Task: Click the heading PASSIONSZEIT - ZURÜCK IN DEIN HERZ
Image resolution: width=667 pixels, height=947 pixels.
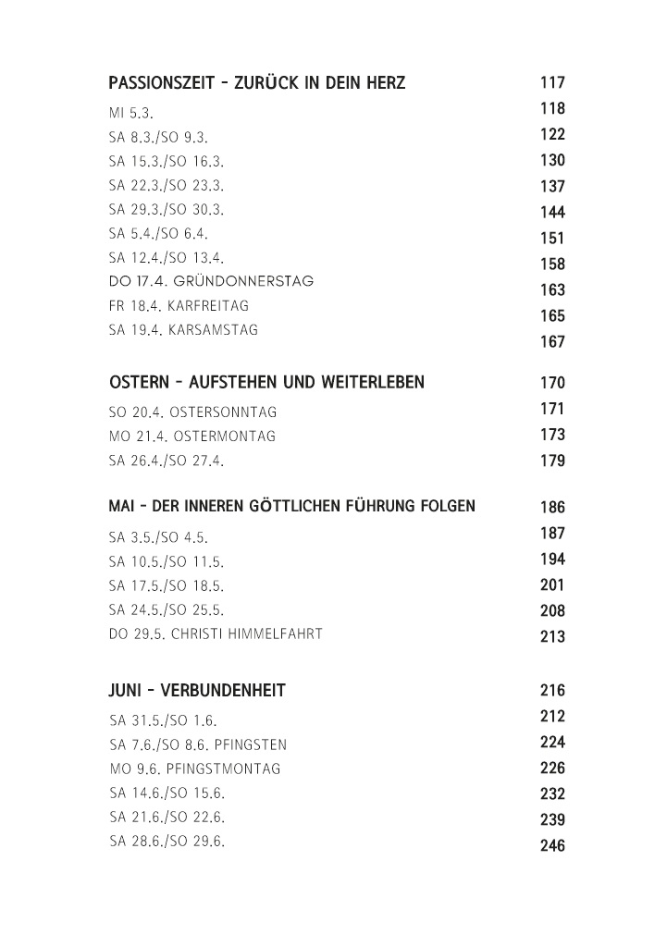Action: point(256,84)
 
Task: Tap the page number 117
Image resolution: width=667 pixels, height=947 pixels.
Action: point(552,83)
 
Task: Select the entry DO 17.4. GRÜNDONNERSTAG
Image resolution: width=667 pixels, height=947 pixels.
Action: point(211,281)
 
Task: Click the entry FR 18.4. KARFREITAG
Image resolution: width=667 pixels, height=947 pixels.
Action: point(179,305)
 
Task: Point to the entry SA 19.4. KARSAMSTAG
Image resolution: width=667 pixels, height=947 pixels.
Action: point(183,330)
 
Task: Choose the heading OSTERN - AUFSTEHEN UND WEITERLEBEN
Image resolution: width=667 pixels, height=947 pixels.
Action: point(266,383)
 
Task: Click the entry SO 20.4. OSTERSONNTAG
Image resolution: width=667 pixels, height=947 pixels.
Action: point(192,412)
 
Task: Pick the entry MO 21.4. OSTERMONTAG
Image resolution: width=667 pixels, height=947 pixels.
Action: point(191,437)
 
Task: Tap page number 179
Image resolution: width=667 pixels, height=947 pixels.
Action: point(552,461)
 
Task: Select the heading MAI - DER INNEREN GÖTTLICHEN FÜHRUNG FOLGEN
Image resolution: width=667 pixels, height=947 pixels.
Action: point(291,507)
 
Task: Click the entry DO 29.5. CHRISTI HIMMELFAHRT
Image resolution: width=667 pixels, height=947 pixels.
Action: point(216,634)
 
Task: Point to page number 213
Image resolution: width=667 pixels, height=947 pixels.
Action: point(552,637)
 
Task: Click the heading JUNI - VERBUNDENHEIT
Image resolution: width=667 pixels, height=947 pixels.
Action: point(197,691)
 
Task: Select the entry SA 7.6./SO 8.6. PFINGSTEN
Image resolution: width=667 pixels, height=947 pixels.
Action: point(198,744)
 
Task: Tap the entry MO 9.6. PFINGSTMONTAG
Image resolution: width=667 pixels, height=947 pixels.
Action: point(194,769)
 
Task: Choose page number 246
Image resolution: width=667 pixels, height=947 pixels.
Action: point(552,845)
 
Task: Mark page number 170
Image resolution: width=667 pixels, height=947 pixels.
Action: point(552,383)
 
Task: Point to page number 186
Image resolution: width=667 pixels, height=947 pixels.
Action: point(552,508)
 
